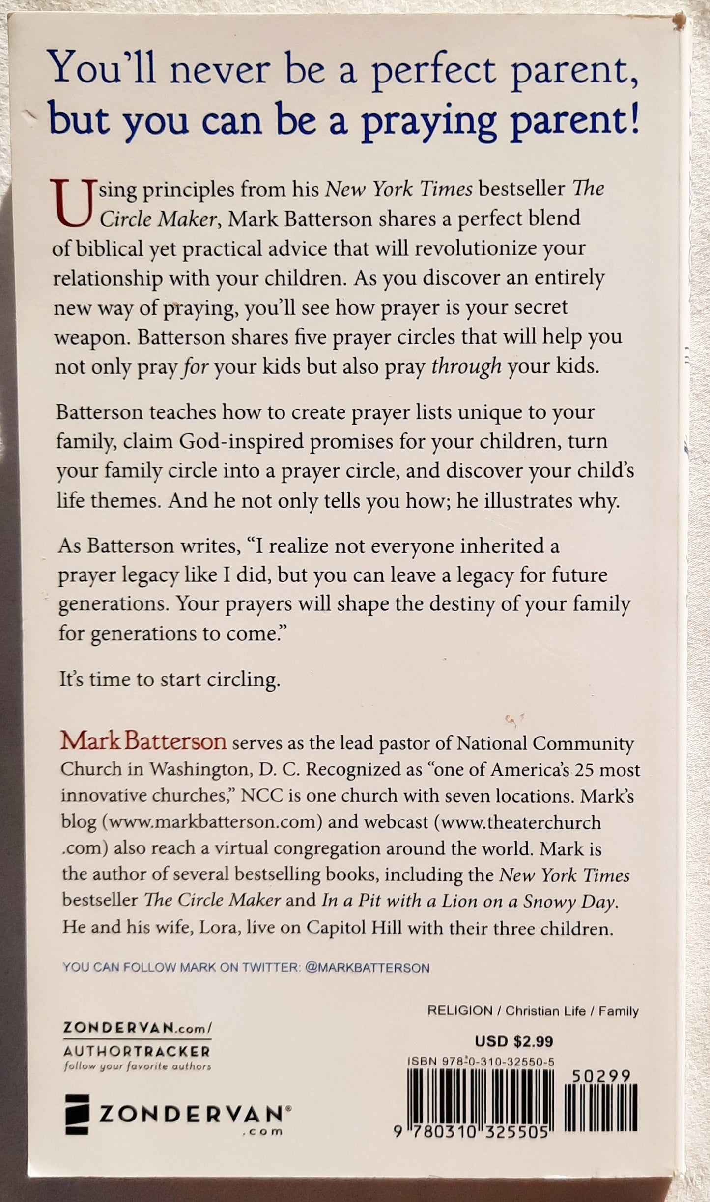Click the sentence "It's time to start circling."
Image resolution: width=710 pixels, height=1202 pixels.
point(170,680)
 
